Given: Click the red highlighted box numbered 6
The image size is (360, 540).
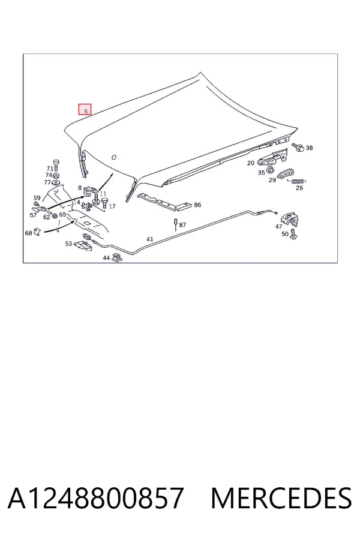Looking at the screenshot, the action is pyautogui.click(x=85, y=110).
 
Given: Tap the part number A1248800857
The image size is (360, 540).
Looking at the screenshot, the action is pyautogui.click(x=95, y=498).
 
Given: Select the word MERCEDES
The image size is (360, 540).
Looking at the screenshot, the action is pyautogui.click(x=281, y=498).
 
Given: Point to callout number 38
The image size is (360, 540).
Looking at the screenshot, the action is pyautogui.click(x=309, y=148).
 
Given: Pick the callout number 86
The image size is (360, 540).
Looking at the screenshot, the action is pyautogui.click(x=197, y=205).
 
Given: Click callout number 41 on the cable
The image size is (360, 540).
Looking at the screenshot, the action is pyautogui.click(x=150, y=239).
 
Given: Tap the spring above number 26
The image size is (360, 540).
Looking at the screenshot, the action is pyautogui.click(x=299, y=181).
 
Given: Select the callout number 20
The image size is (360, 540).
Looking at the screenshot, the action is pyautogui.click(x=251, y=163).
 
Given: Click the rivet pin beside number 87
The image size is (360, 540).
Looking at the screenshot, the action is pyautogui.click(x=176, y=224).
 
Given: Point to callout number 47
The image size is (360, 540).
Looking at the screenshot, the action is pyautogui.click(x=278, y=226).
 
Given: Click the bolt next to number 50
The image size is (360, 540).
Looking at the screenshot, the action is pyautogui.click(x=293, y=235).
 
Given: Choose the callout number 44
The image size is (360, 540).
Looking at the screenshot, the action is pyautogui.click(x=106, y=257).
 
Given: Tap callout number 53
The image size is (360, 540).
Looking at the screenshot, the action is pyautogui.click(x=68, y=244).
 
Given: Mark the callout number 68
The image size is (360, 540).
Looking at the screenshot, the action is pyautogui.click(x=29, y=233).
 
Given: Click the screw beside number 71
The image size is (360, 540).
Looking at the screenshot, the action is pyautogui.click(x=56, y=164).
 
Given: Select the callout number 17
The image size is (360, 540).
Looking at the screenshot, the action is pyautogui.click(x=112, y=206).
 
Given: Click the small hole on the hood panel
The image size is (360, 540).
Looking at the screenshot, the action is pyautogui.click(x=114, y=157).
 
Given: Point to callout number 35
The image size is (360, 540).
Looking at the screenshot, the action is pyautogui.click(x=262, y=173).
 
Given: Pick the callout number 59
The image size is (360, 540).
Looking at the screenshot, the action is pyautogui.click(x=37, y=198).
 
